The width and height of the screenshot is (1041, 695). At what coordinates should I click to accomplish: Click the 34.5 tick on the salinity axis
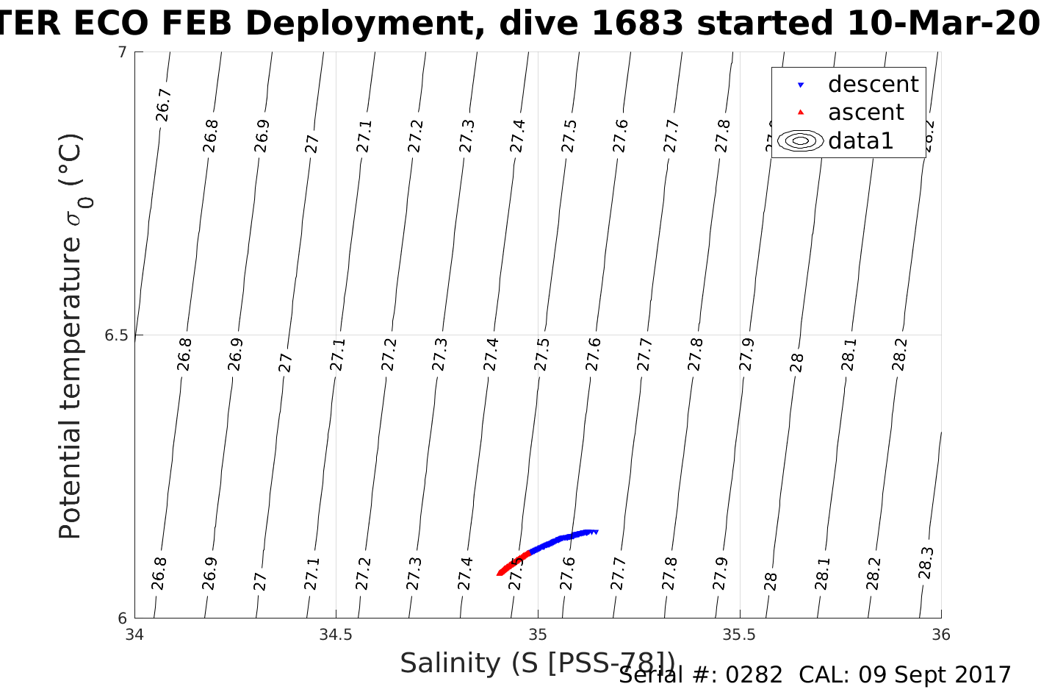coord(336,635)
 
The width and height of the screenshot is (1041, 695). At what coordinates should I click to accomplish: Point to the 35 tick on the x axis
coord(538,635)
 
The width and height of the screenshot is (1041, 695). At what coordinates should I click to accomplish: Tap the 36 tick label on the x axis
coord(940,635)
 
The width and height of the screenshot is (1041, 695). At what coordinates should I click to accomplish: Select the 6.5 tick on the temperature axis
coord(115,335)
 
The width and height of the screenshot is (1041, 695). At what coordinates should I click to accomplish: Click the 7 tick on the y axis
coord(122,52)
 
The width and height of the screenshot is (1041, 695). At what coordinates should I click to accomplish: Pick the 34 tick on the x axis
coord(134,635)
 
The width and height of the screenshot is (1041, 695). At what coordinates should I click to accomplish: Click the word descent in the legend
coord(873,85)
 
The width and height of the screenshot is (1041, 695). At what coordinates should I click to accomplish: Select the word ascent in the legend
coord(865,113)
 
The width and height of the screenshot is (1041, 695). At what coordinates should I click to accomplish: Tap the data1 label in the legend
coord(860,140)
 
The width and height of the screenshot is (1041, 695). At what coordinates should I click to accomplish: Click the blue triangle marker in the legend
coord(801,85)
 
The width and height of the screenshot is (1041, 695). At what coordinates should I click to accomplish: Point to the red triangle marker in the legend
coord(801,113)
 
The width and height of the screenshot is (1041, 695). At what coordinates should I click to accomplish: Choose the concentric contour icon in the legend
coord(800,140)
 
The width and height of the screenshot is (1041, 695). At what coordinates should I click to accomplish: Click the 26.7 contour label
coord(163,104)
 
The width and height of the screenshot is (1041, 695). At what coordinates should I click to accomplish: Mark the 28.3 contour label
coord(926,563)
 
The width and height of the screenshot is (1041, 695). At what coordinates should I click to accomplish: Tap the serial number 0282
coord(754,675)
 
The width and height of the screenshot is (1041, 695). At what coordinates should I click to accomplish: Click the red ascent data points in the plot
coord(513,563)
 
